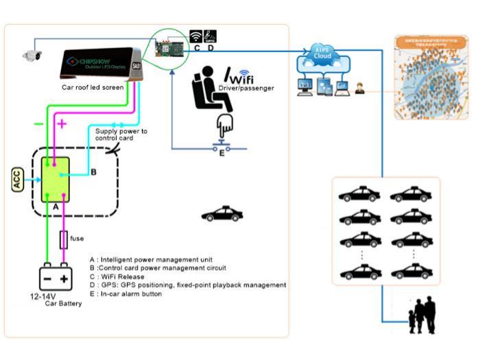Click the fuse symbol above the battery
pyautogui.click(x=64, y=239)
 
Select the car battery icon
pyautogui.click(x=55, y=277)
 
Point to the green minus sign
pyautogui.click(x=39, y=124)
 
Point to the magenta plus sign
pyautogui.click(x=61, y=124)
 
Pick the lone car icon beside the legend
pyautogui.click(x=222, y=215)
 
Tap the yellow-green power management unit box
pyautogui.click(x=55, y=178)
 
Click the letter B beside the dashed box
pyautogui.click(x=93, y=172)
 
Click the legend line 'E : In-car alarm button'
pyautogui.click(x=126, y=293)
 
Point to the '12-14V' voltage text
pyautogui.click(x=42, y=296)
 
